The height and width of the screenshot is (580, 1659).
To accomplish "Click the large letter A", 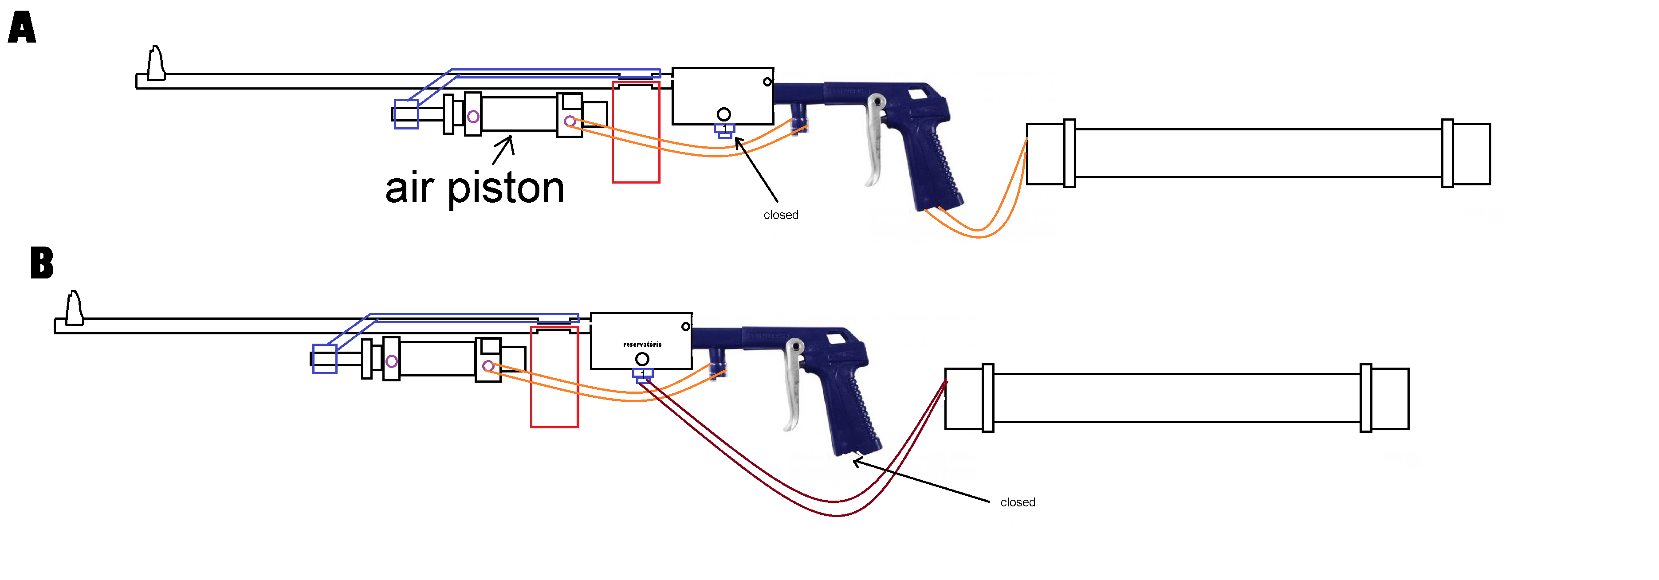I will tap(22, 28).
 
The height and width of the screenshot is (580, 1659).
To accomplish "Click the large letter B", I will tap(42, 263).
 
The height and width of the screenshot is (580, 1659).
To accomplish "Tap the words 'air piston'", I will tap(475, 188).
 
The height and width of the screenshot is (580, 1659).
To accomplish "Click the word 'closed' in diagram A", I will tap(781, 215).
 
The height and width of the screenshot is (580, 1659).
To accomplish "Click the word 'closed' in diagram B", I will tap(1018, 502).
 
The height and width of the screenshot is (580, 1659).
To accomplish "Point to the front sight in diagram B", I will tap(74, 308).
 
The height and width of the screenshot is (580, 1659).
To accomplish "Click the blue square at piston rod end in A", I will tap(406, 114).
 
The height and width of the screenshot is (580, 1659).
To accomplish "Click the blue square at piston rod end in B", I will tap(325, 359).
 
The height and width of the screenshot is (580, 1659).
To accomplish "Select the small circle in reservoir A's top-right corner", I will tap(767, 82).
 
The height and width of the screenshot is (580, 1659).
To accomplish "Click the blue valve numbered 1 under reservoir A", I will tap(724, 131).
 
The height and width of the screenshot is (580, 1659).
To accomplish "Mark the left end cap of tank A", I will tap(1045, 154).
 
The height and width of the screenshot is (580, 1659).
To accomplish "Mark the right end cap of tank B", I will tap(1390, 399).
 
